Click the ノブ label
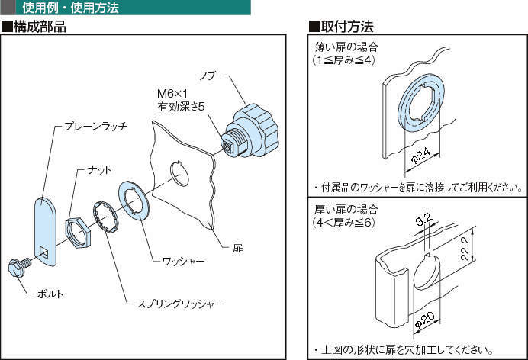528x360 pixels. click(x=208, y=76)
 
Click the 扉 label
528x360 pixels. click(x=238, y=248)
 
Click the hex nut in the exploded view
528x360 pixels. click(x=76, y=230)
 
